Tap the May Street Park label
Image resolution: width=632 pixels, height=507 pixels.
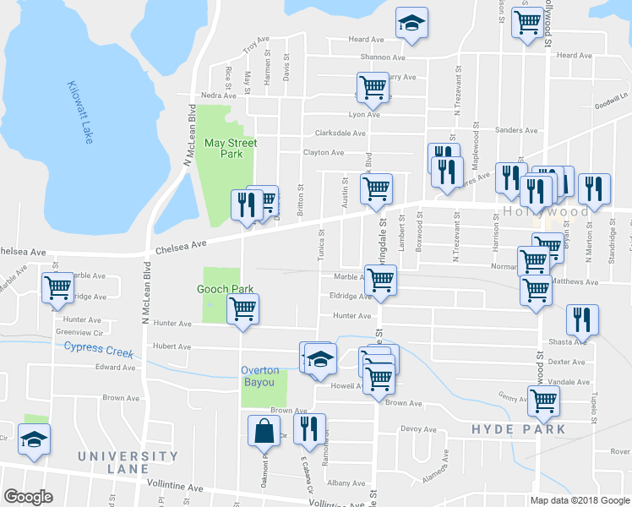tap(230, 148)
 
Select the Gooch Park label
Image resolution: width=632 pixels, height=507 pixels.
tap(226, 289)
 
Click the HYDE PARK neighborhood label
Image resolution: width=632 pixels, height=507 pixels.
tap(518, 429)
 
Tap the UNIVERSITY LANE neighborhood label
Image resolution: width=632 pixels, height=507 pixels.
tap(114, 462)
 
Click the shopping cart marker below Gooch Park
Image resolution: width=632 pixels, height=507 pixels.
tap(242, 309)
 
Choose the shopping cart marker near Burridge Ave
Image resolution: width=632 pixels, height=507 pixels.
tap(57, 288)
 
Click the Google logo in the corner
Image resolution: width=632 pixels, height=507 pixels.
tap(28, 497)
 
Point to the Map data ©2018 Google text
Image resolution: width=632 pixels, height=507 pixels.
tap(579, 500)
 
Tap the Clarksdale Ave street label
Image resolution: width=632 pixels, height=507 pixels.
tap(340, 133)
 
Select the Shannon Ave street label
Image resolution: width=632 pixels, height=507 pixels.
tap(382, 57)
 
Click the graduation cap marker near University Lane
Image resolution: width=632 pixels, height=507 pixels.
tap(34, 439)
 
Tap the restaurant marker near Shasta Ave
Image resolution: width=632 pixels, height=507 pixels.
tap(582, 319)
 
